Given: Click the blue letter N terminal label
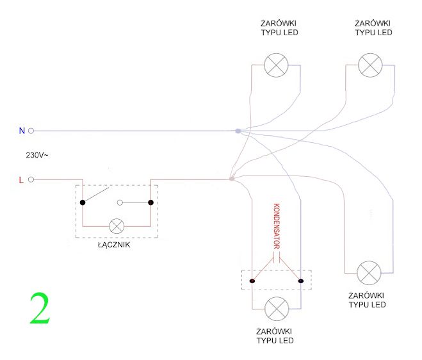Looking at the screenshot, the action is point(22,131).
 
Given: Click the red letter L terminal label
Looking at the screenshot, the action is point(21,180).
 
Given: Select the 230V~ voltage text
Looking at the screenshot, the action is point(37,155).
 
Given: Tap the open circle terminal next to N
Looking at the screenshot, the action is point(31,131).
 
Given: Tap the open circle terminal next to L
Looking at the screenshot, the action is point(31,179).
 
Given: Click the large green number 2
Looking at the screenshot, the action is point(40,308).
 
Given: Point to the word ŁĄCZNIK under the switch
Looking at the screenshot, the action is point(114,245).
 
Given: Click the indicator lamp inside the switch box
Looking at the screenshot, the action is point(117,226).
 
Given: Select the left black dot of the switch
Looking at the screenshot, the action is point(83,202).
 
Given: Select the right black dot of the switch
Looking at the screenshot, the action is point(150,202).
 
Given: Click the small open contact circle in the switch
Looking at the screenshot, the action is point(120,202).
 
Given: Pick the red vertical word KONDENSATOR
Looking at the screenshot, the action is point(277,226).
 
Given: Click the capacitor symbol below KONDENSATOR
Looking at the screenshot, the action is point(277,256).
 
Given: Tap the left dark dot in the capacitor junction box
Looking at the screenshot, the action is point(252,281).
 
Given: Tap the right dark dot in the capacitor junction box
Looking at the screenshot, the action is point(301,281).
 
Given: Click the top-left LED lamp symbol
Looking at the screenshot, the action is point(276,65).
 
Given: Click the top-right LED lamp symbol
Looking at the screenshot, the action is point(370,65).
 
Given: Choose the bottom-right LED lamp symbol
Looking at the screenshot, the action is point(369,273).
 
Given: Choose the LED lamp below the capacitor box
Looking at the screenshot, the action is point(277,309).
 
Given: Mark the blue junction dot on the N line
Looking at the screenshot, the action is point(238,131).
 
